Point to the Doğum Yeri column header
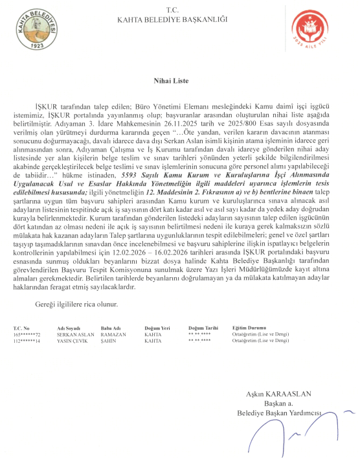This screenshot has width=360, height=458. tap(156, 327)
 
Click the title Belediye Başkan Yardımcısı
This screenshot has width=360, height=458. tap(279, 413)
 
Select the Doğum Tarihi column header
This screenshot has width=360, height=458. tap(203, 327)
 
